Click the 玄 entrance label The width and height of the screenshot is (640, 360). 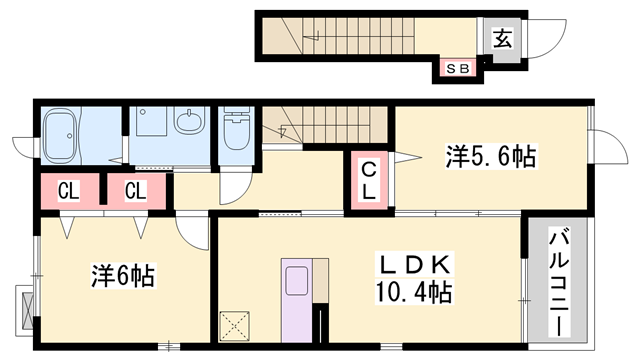(x=502, y=39)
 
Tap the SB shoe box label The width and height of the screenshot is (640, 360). (x=458, y=69)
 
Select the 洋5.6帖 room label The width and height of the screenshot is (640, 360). (x=490, y=156)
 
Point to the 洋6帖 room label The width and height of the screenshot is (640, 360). (x=122, y=276)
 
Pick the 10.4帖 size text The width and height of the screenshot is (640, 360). (x=413, y=292)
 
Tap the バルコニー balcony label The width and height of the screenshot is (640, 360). (x=559, y=283)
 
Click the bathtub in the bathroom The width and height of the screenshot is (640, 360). (x=60, y=135)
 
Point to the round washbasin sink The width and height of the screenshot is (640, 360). (x=189, y=120)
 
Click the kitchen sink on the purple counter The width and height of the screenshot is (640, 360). (x=296, y=280)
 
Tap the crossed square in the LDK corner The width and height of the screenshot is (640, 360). (x=235, y=326)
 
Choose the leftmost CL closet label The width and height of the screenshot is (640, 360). (x=69, y=191)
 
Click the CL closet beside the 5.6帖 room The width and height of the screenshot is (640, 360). (x=369, y=180)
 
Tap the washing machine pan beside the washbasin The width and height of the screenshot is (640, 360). (x=151, y=121)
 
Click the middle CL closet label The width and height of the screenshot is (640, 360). (x=136, y=191)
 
